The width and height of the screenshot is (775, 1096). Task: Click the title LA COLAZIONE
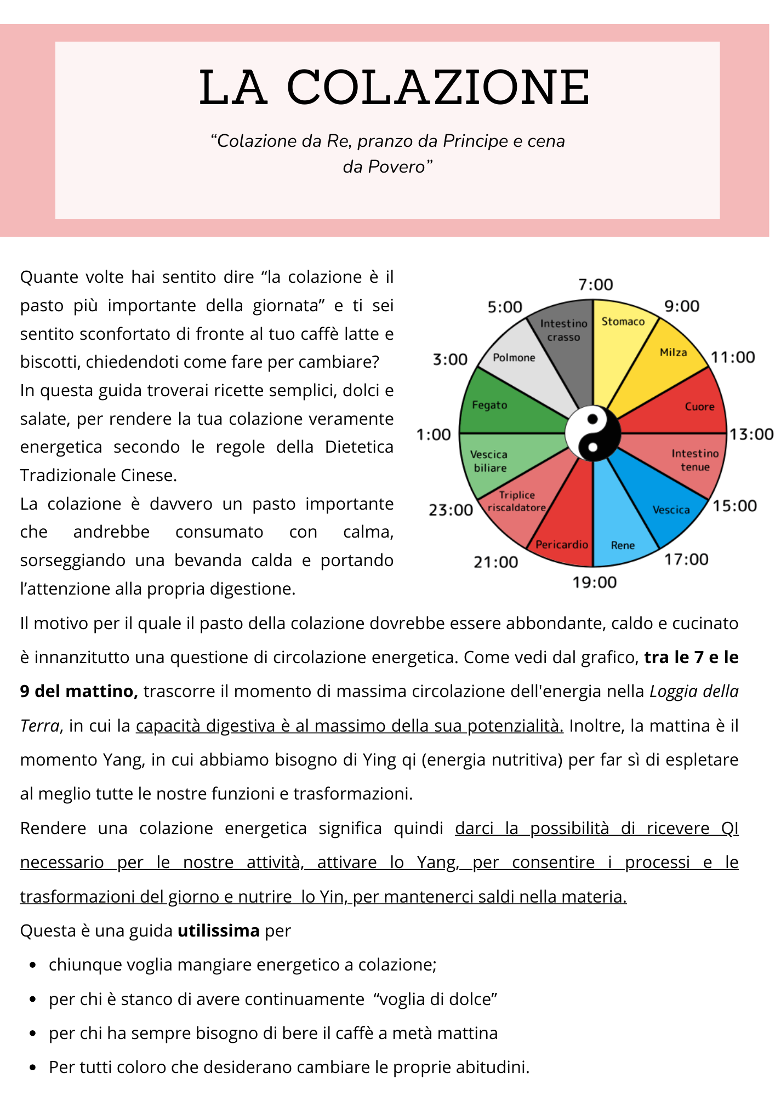(x=394, y=88)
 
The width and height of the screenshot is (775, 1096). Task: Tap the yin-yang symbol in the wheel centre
(x=592, y=433)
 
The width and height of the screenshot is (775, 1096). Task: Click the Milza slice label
(x=673, y=352)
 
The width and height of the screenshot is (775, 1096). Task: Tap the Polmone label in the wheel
(x=514, y=358)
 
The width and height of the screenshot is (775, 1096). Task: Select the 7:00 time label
(x=595, y=285)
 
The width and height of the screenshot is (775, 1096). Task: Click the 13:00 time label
(x=751, y=435)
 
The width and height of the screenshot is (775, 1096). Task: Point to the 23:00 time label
(x=451, y=510)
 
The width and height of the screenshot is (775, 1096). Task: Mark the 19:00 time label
(x=595, y=583)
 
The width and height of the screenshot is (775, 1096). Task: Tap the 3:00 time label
(x=450, y=359)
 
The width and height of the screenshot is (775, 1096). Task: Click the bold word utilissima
(x=219, y=931)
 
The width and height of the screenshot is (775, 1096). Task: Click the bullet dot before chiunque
(x=33, y=965)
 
